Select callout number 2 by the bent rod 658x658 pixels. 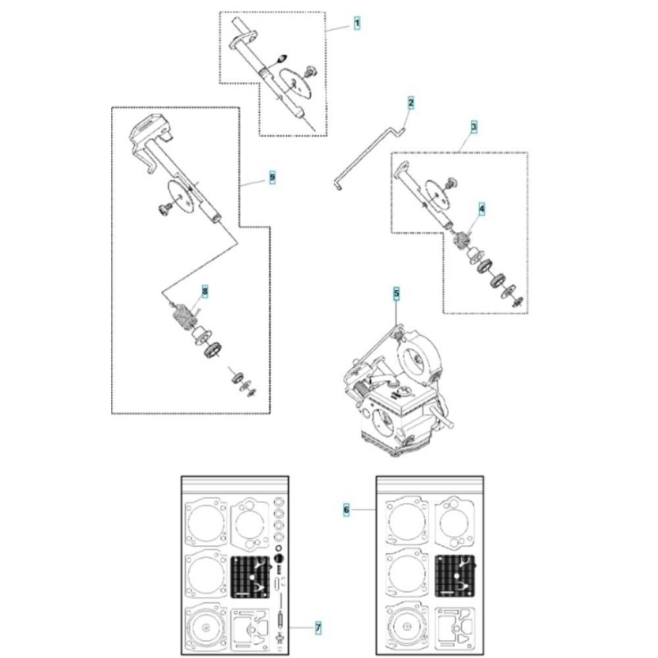pyautogui.click(x=411, y=103)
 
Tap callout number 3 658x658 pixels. pyautogui.click(x=474, y=127)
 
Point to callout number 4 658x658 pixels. pyautogui.click(x=482, y=209)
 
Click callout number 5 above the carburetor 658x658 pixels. pyautogui.click(x=397, y=293)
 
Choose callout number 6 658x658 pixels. pyautogui.click(x=346, y=510)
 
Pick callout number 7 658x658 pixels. pyautogui.click(x=318, y=628)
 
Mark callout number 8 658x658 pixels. pyautogui.click(x=205, y=291)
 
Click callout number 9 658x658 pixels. pyautogui.click(x=272, y=178)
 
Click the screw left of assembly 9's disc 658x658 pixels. pyautogui.click(x=164, y=209)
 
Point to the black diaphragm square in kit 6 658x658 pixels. pyautogui.click(x=455, y=576)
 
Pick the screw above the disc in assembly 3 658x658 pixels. pyautogui.click(x=451, y=183)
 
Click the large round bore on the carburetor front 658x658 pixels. pyautogui.click(x=384, y=423)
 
